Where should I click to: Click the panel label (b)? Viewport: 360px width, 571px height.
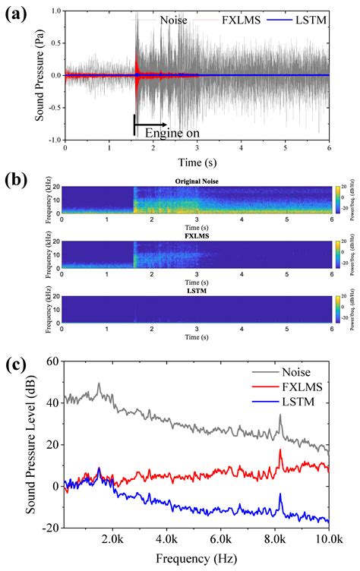(17, 180)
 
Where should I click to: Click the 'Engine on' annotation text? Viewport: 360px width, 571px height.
(166, 132)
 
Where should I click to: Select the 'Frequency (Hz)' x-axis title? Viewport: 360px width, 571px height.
(197, 560)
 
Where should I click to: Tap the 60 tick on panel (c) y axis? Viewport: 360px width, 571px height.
(52, 361)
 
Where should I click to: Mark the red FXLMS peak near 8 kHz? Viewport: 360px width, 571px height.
(280, 450)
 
